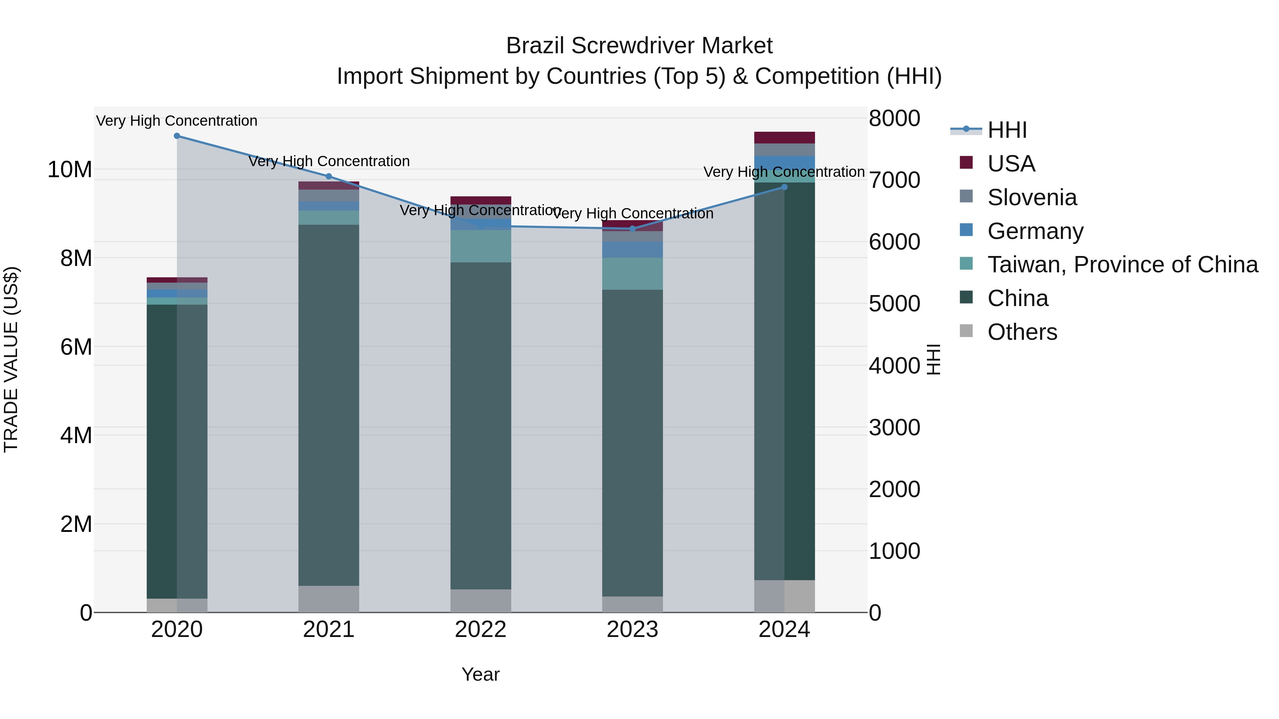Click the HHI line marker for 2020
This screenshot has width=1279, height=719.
(177, 136)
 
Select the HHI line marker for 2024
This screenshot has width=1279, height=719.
(784, 187)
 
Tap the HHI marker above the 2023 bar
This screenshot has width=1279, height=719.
(632, 229)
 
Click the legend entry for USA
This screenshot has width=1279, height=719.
(1011, 164)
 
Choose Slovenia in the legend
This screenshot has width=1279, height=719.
(1032, 197)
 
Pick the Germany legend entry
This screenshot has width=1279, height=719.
(1035, 231)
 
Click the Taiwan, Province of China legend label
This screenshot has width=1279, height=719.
(1122, 265)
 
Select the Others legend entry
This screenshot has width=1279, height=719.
(1022, 332)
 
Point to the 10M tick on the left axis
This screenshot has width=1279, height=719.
(70, 170)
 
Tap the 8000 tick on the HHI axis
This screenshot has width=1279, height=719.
(894, 119)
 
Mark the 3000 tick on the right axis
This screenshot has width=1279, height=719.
(894, 427)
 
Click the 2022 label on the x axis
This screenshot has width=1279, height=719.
(480, 630)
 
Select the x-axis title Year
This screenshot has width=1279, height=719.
(480, 674)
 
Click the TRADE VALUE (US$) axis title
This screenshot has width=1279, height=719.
(11, 359)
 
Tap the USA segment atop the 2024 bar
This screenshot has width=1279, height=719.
(784, 137)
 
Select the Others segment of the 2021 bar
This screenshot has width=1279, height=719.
(329, 599)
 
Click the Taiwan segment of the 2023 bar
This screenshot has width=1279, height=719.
(632, 273)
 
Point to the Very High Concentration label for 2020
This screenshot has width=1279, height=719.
(177, 121)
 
